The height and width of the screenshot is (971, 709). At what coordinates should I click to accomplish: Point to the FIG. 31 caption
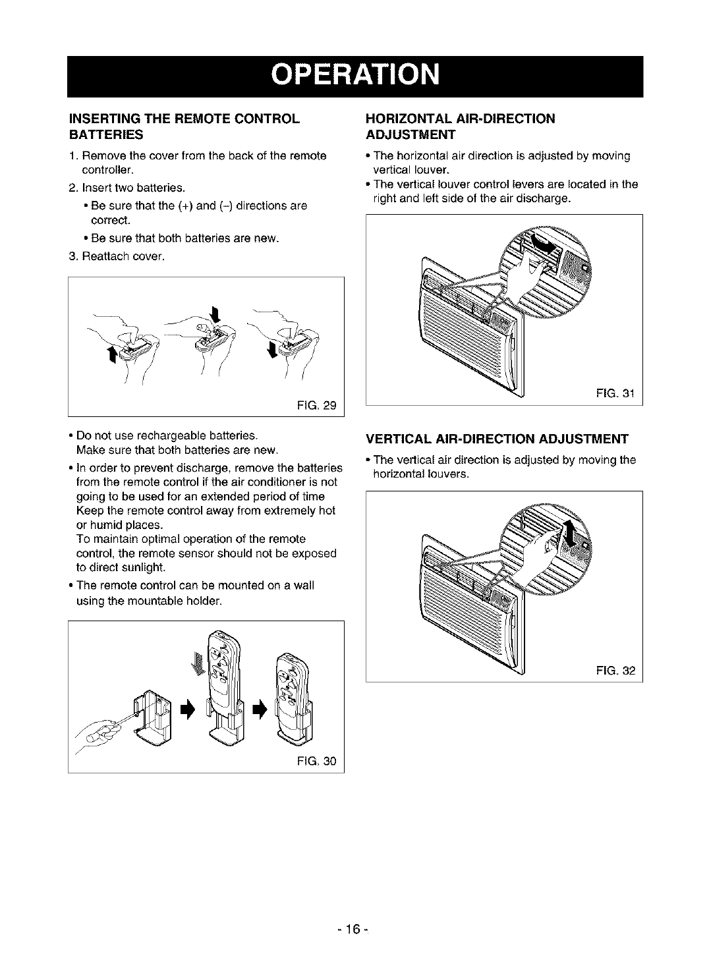pos(615,395)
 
